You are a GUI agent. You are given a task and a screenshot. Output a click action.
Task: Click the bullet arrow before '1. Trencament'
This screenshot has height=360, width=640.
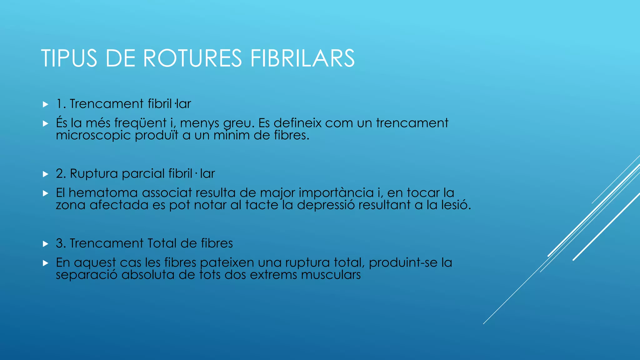(x=46, y=104)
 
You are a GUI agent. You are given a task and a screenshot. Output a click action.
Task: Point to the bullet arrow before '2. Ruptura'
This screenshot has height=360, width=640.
(x=46, y=174)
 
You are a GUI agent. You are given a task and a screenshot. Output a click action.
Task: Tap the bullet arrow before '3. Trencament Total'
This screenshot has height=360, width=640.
(x=46, y=244)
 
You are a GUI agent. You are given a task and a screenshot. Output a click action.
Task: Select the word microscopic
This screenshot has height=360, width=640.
(x=93, y=135)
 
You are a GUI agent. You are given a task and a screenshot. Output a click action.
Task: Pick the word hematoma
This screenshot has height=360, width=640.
(x=103, y=193)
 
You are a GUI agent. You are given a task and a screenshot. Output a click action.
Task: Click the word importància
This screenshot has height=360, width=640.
(x=336, y=193)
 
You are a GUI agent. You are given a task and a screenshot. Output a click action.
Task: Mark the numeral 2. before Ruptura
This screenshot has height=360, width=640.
(x=61, y=174)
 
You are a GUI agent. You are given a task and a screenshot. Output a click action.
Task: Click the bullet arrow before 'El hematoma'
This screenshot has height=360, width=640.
(x=46, y=194)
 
